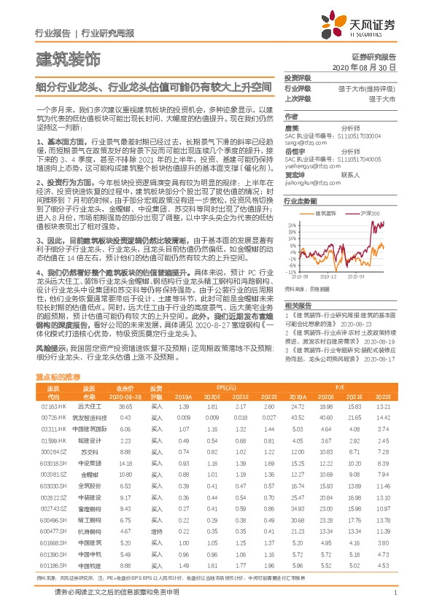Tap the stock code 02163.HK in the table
click(x=53, y=405)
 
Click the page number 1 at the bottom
click(x=395, y=593)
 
